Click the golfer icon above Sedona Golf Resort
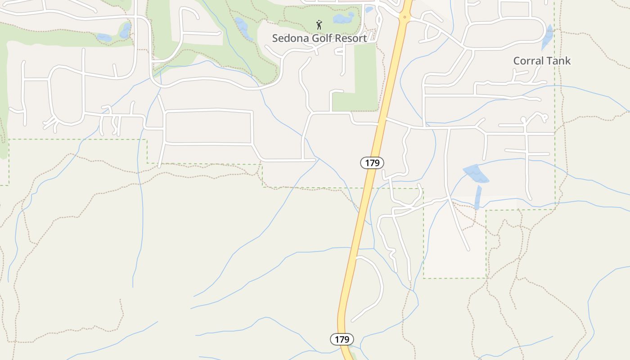(x=319, y=24)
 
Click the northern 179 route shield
(x=372, y=163)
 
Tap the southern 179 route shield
(x=342, y=339)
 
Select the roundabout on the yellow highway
(x=405, y=18)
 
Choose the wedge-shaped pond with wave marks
(x=476, y=174)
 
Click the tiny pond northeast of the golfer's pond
(x=369, y=9)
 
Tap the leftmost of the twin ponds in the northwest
(x=104, y=38)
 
